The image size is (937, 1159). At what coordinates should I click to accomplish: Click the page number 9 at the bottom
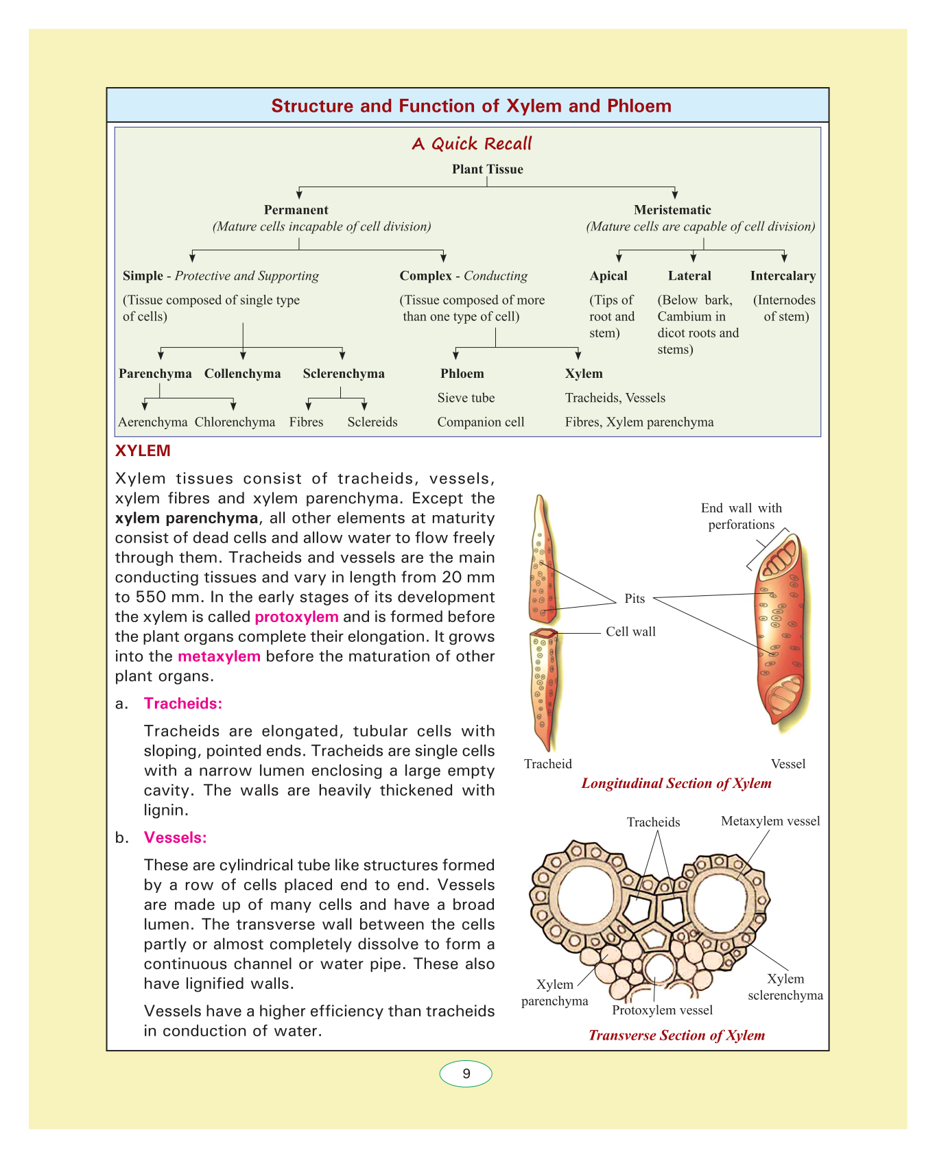click(466, 1073)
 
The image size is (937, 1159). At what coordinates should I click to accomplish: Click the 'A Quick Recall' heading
click(471, 143)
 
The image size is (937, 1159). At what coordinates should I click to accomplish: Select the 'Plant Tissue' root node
click(487, 169)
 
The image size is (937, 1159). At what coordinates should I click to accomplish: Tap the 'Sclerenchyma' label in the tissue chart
click(344, 374)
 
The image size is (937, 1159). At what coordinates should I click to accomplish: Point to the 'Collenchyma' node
click(242, 374)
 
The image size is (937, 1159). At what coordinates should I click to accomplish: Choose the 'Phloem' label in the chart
click(462, 374)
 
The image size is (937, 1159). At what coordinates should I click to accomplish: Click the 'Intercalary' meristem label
click(783, 276)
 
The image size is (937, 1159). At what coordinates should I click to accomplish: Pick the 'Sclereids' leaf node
click(372, 422)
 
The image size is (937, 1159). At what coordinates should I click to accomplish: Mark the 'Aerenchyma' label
click(152, 422)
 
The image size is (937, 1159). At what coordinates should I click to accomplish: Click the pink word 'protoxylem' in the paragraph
click(296, 617)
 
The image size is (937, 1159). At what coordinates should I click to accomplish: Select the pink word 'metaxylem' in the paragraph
click(219, 656)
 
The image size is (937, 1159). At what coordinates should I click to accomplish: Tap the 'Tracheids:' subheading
click(183, 704)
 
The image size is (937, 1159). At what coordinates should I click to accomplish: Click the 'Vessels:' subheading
click(175, 837)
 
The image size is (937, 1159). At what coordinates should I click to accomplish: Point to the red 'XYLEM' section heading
click(143, 451)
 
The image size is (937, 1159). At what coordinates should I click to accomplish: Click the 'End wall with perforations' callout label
click(741, 516)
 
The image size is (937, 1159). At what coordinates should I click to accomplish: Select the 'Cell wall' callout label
click(630, 632)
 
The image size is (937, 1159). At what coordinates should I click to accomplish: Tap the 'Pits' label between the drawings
click(634, 599)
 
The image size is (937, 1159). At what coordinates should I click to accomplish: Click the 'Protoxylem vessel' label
click(662, 1010)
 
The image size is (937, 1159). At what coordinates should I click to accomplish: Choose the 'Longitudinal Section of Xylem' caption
click(676, 783)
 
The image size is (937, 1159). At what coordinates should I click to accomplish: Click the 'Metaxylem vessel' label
click(770, 821)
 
